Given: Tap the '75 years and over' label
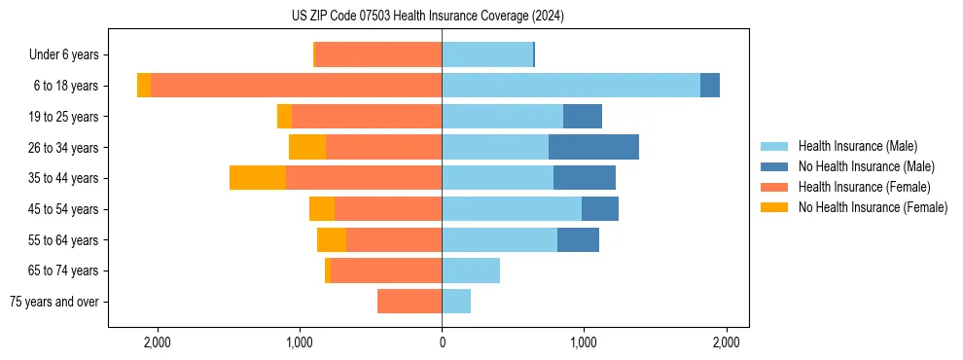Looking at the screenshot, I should [x=54, y=302].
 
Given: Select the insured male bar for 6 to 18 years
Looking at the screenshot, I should [x=571, y=86].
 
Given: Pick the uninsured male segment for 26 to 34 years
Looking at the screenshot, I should [x=593, y=147].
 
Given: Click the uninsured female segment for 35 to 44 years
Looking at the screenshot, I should [x=258, y=178].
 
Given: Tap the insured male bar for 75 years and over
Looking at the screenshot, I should [x=456, y=302].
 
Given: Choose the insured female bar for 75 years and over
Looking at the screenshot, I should [x=410, y=302].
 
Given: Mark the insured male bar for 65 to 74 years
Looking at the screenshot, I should [x=471, y=270].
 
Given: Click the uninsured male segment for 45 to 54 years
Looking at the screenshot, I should [x=600, y=209].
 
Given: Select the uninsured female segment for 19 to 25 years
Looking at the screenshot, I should [x=284, y=117].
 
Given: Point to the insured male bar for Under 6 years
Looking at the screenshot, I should [x=487, y=54].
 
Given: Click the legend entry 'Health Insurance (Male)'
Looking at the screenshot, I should [x=857, y=146].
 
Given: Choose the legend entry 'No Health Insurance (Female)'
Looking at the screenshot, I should [x=873, y=207].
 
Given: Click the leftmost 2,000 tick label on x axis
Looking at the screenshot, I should [x=157, y=342].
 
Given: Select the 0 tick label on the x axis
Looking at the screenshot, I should [x=442, y=342].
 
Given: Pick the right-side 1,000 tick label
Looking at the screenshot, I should [x=584, y=342].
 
